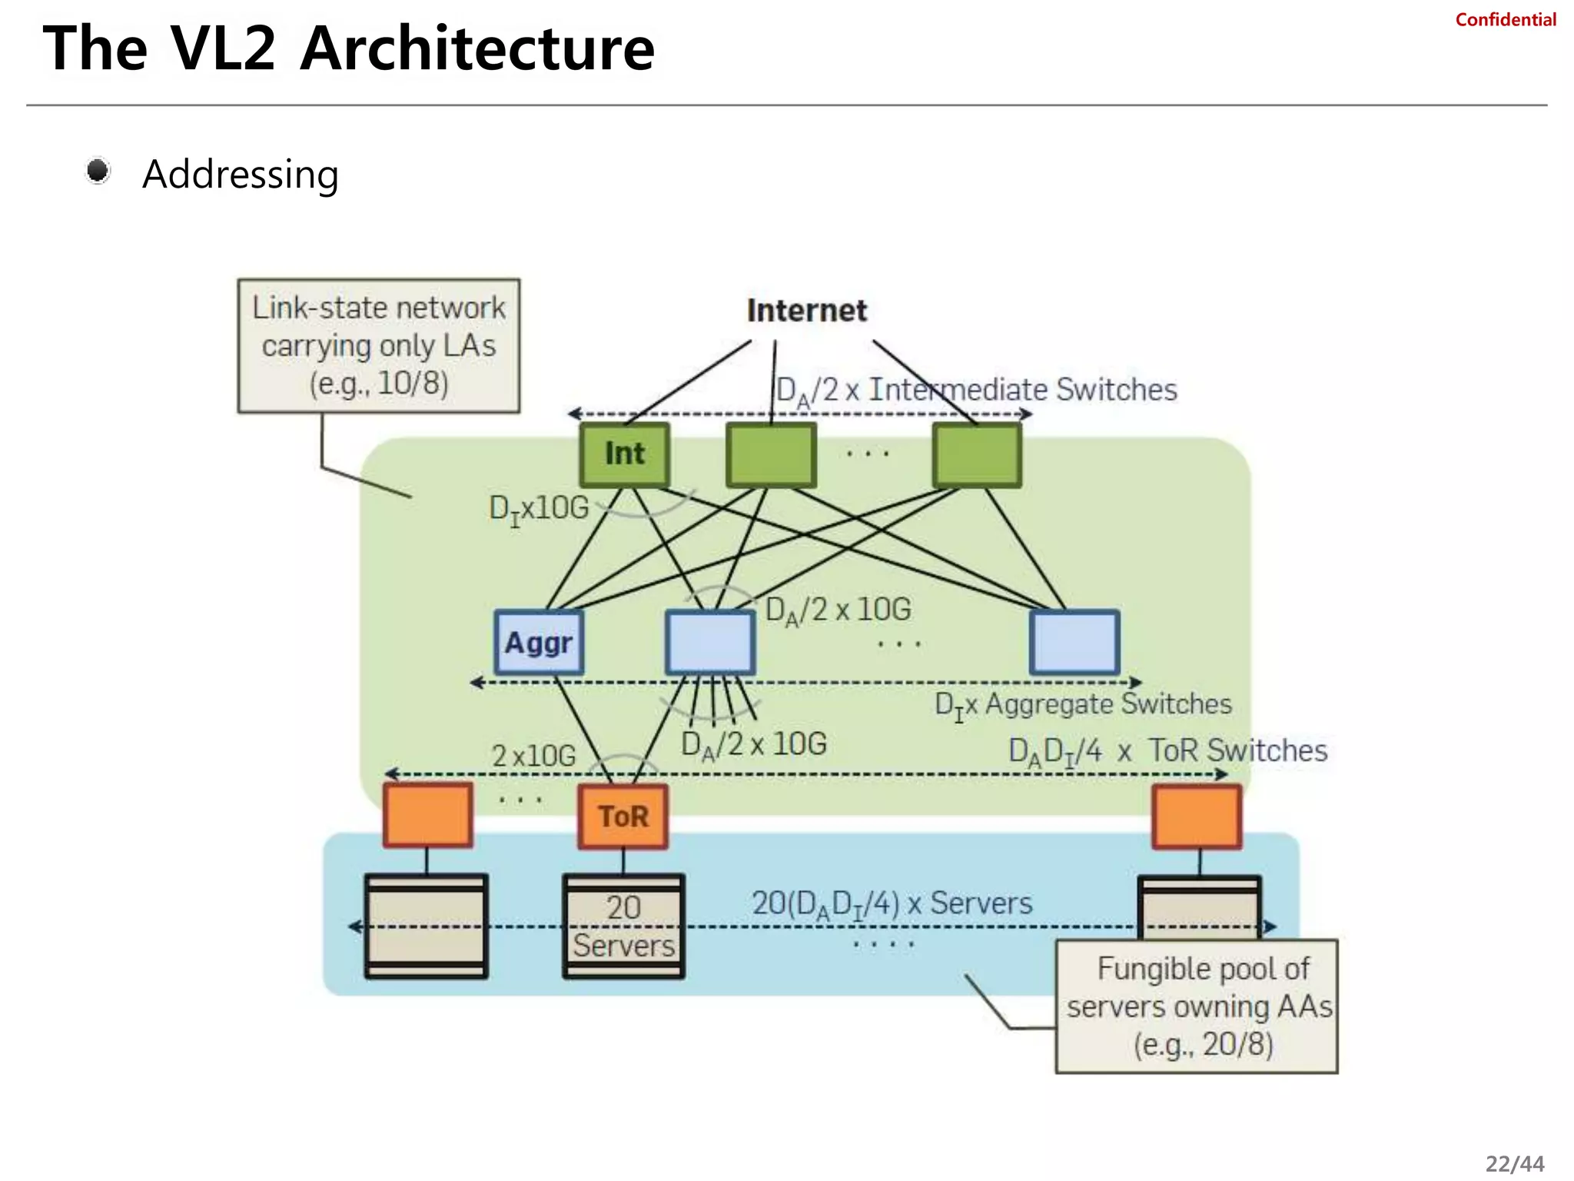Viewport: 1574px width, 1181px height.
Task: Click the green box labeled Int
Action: [x=624, y=454]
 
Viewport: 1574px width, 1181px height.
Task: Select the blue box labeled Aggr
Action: [x=539, y=643]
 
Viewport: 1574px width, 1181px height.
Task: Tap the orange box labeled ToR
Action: [x=623, y=817]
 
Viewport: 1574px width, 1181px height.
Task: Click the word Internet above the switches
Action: [x=806, y=311]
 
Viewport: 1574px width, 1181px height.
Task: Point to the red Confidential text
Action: [x=1505, y=20]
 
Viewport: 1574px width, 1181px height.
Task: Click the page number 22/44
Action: [x=1514, y=1163]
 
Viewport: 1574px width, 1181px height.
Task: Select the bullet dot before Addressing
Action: [x=98, y=171]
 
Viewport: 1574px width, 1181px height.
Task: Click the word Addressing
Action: [x=241, y=175]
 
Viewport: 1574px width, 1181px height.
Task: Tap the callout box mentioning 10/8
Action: [x=378, y=346]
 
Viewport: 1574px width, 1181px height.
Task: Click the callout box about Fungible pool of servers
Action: [x=1197, y=1006]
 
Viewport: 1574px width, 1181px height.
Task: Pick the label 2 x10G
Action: [x=533, y=756]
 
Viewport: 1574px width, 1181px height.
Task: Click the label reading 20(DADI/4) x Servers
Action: [x=892, y=903]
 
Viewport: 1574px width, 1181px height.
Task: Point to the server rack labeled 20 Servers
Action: [x=623, y=927]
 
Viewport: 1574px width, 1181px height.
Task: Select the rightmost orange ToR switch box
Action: [x=1197, y=817]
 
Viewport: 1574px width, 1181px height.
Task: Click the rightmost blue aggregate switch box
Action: [x=1074, y=643]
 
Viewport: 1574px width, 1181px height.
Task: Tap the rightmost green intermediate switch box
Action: [x=977, y=454]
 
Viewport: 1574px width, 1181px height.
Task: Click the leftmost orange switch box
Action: [x=427, y=815]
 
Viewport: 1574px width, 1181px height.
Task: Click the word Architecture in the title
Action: [x=477, y=49]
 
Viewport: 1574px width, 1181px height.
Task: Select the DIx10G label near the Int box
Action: [x=539, y=508]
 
